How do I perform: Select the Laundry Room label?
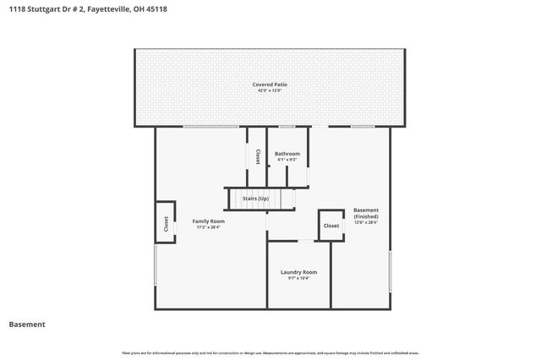[298, 272]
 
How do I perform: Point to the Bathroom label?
[287, 154]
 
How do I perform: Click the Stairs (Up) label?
[255, 199]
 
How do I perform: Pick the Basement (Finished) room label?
[366, 213]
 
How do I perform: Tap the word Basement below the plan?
[27, 325]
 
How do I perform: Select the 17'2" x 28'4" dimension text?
[208, 227]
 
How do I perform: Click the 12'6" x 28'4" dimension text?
[366, 223]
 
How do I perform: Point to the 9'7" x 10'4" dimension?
[298, 278]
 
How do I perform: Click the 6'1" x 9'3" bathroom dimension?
[287, 160]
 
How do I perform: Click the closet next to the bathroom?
[257, 157]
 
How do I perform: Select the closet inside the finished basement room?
[331, 226]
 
